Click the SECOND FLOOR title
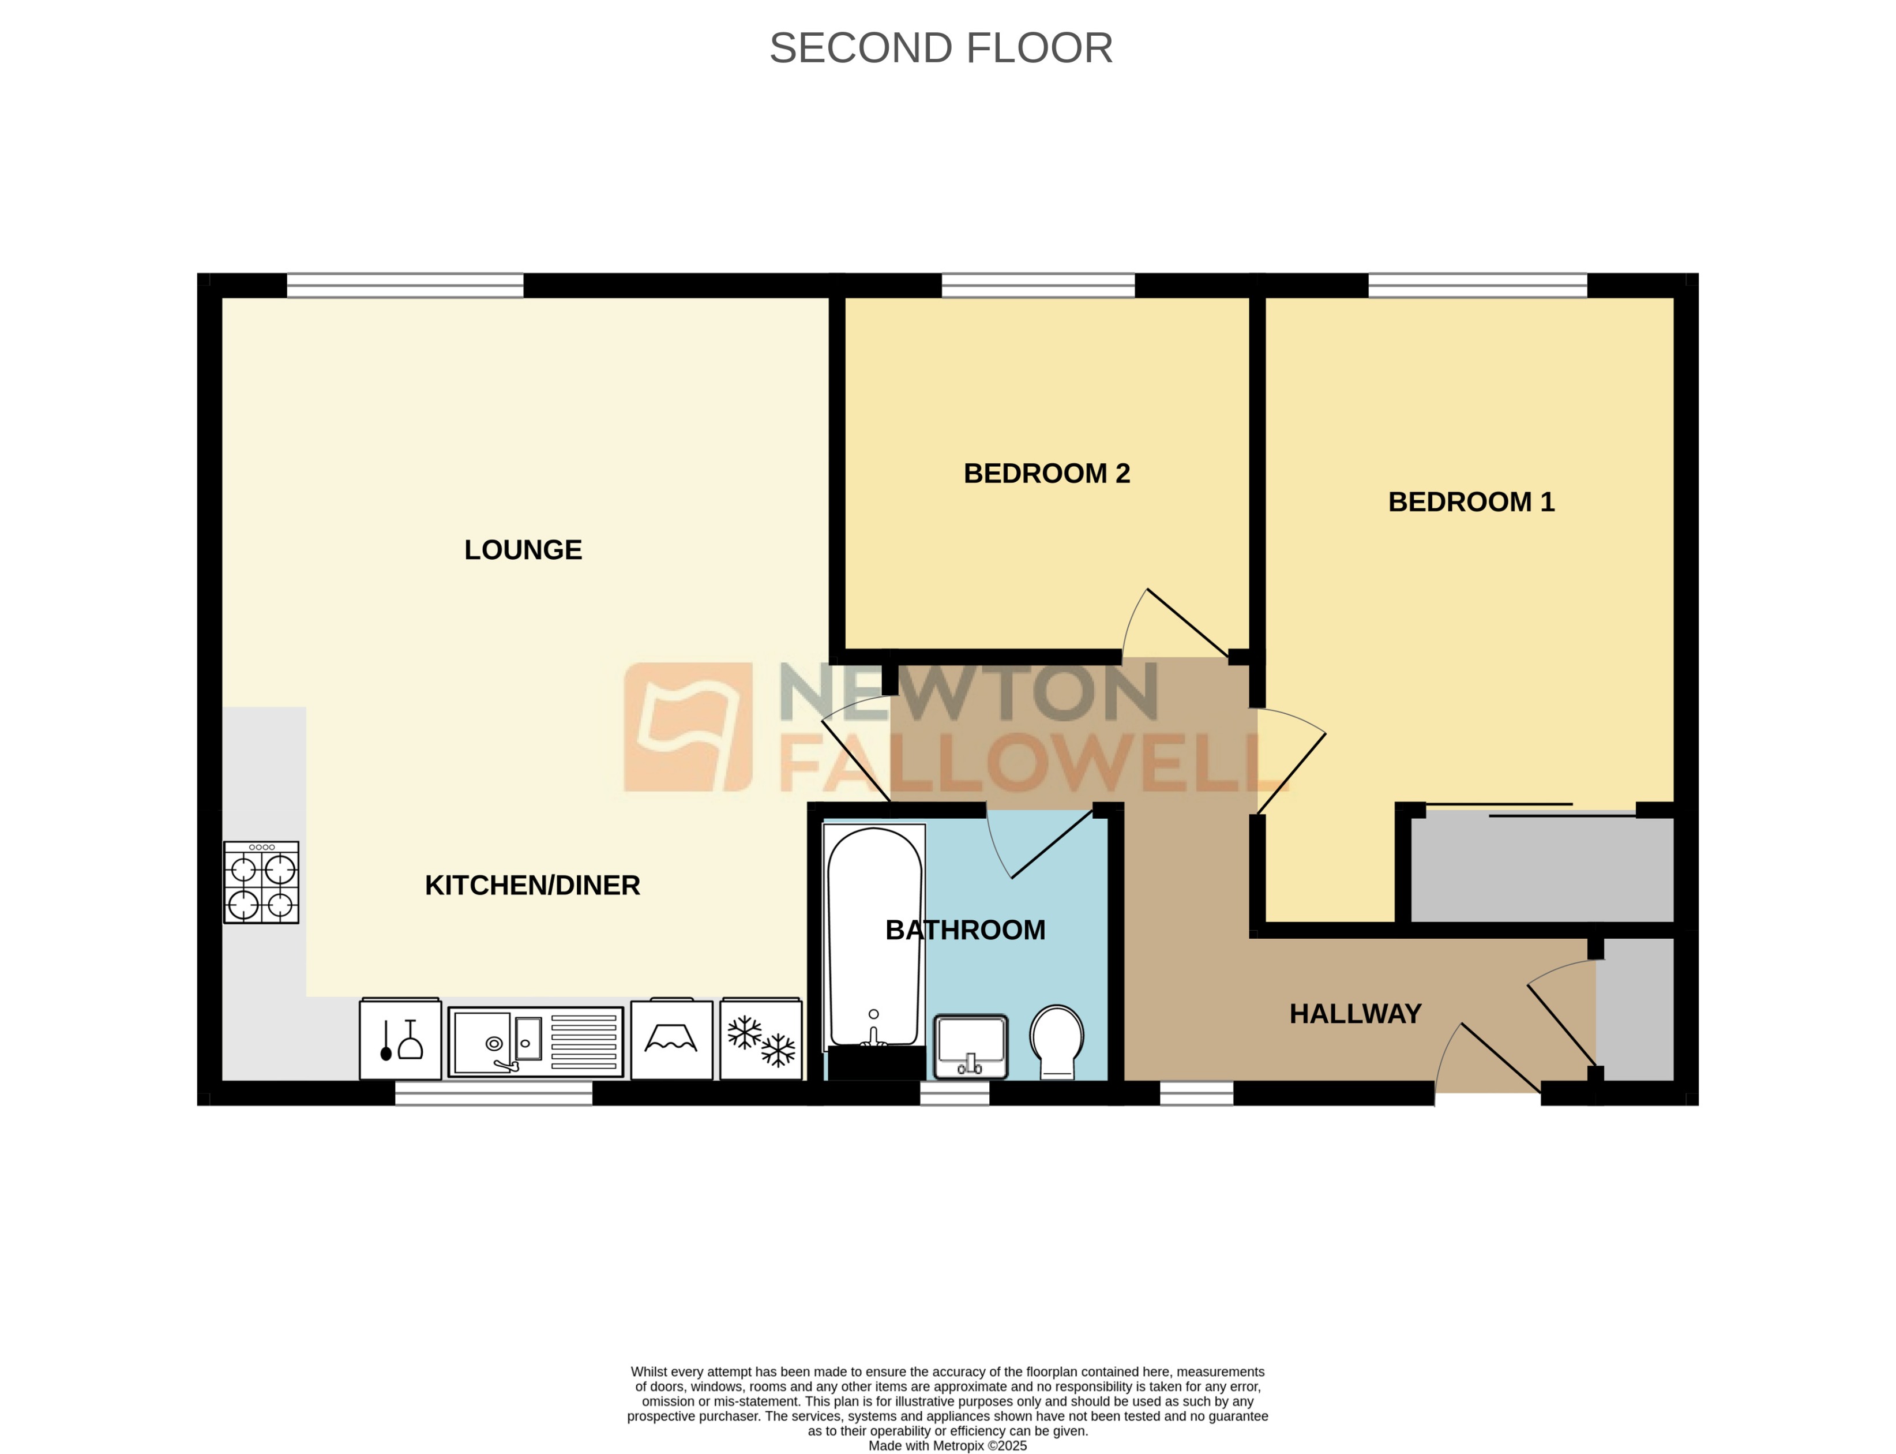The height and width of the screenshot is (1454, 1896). (x=941, y=48)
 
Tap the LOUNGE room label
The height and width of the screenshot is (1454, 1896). (x=523, y=549)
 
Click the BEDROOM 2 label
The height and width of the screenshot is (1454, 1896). (x=1046, y=473)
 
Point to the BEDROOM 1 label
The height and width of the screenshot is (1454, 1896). (x=1470, y=502)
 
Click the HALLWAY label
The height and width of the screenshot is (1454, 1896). (x=1354, y=1013)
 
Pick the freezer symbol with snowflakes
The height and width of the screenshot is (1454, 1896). (x=761, y=1040)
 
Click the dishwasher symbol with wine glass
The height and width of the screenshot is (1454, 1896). (x=400, y=1040)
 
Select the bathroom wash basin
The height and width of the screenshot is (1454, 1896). (x=970, y=1045)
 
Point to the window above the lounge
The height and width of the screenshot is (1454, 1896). (x=404, y=285)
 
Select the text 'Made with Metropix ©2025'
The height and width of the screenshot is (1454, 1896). (x=947, y=1445)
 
